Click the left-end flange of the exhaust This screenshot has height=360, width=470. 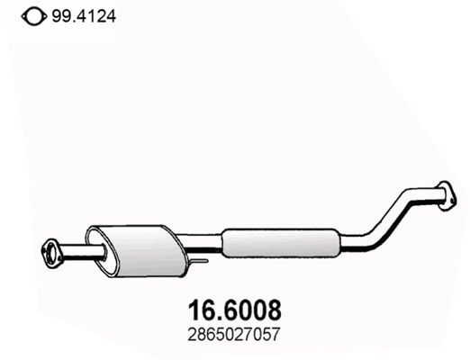(x=51, y=249)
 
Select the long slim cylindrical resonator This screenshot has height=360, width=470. (x=280, y=241)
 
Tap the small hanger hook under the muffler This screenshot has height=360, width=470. (x=200, y=262)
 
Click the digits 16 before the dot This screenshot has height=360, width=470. (x=201, y=310)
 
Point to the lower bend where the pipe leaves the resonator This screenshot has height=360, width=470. (x=365, y=241)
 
